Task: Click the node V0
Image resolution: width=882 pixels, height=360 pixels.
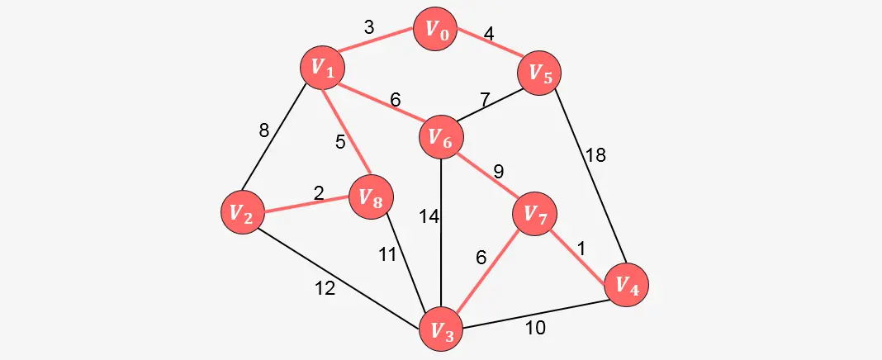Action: pos(436,31)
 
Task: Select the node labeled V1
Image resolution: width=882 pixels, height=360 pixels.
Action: pos(321,69)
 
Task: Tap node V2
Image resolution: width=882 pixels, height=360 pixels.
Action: pos(242,212)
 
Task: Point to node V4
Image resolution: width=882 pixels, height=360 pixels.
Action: pos(626,285)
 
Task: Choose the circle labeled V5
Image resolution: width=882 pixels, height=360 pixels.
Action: pos(539,73)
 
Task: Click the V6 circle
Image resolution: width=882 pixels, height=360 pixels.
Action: pos(441,139)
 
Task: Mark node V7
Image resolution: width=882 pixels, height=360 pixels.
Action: pos(535,215)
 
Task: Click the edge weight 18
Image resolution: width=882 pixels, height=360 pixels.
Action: pos(595,155)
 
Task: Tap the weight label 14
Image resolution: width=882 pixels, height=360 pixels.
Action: pos(428,217)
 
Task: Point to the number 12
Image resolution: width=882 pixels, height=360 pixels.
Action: pos(325,289)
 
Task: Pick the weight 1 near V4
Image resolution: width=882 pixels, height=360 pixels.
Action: pos(581,248)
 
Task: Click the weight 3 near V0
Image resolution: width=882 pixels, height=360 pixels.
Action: pos(369,27)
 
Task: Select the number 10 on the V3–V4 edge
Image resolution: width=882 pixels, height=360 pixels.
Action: pos(535,328)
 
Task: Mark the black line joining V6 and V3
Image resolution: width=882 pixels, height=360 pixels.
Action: pos(441,248)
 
